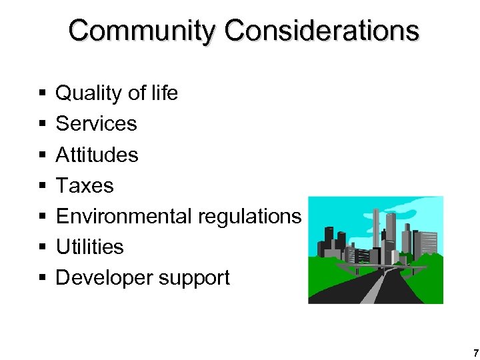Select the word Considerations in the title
[322, 31]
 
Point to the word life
[163, 93]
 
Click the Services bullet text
[96, 123]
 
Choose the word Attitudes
[97, 155]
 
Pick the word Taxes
[85, 185]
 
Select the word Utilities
[89, 247]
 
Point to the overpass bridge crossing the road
[380, 269]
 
